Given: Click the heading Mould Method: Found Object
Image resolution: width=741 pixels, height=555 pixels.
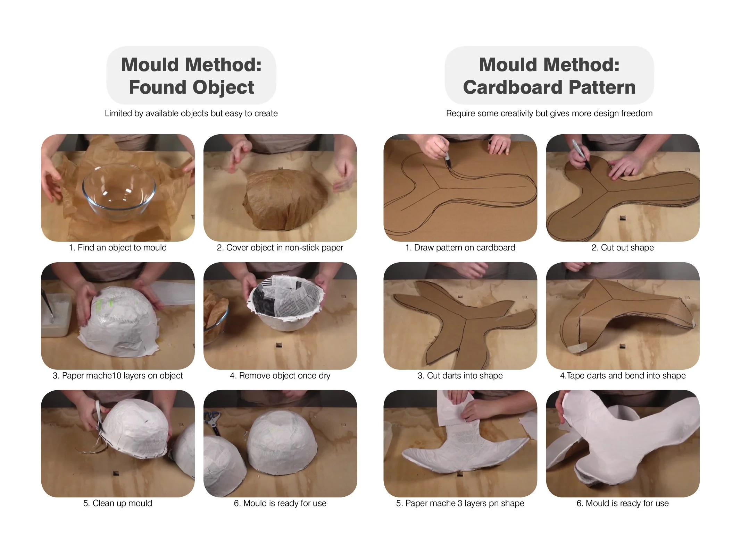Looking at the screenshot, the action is point(191,76).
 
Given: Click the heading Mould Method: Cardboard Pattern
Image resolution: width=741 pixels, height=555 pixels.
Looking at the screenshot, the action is point(549,76).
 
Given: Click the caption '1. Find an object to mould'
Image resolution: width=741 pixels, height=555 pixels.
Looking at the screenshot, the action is point(118,248).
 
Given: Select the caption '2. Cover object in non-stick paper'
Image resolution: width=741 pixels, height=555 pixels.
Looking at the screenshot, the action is point(280,248).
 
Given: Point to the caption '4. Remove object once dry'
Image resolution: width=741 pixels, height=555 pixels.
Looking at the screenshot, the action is point(280,376).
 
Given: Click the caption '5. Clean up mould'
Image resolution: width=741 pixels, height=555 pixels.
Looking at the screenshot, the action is point(118,503).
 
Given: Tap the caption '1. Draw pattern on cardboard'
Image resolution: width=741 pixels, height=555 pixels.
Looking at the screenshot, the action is point(460,248).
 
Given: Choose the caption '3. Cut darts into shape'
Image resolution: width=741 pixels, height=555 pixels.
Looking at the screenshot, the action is point(460,376).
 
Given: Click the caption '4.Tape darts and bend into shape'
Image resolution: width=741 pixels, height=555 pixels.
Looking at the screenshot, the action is point(623,376).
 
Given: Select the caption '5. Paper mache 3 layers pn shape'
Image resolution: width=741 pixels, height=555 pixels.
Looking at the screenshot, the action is point(460,503).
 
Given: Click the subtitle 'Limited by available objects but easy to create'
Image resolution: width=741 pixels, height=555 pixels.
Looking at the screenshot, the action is point(191,113).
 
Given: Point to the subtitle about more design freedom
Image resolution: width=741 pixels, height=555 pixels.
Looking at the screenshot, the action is point(549,113).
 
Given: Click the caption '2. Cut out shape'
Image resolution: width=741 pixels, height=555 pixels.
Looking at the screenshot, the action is point(623,248).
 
